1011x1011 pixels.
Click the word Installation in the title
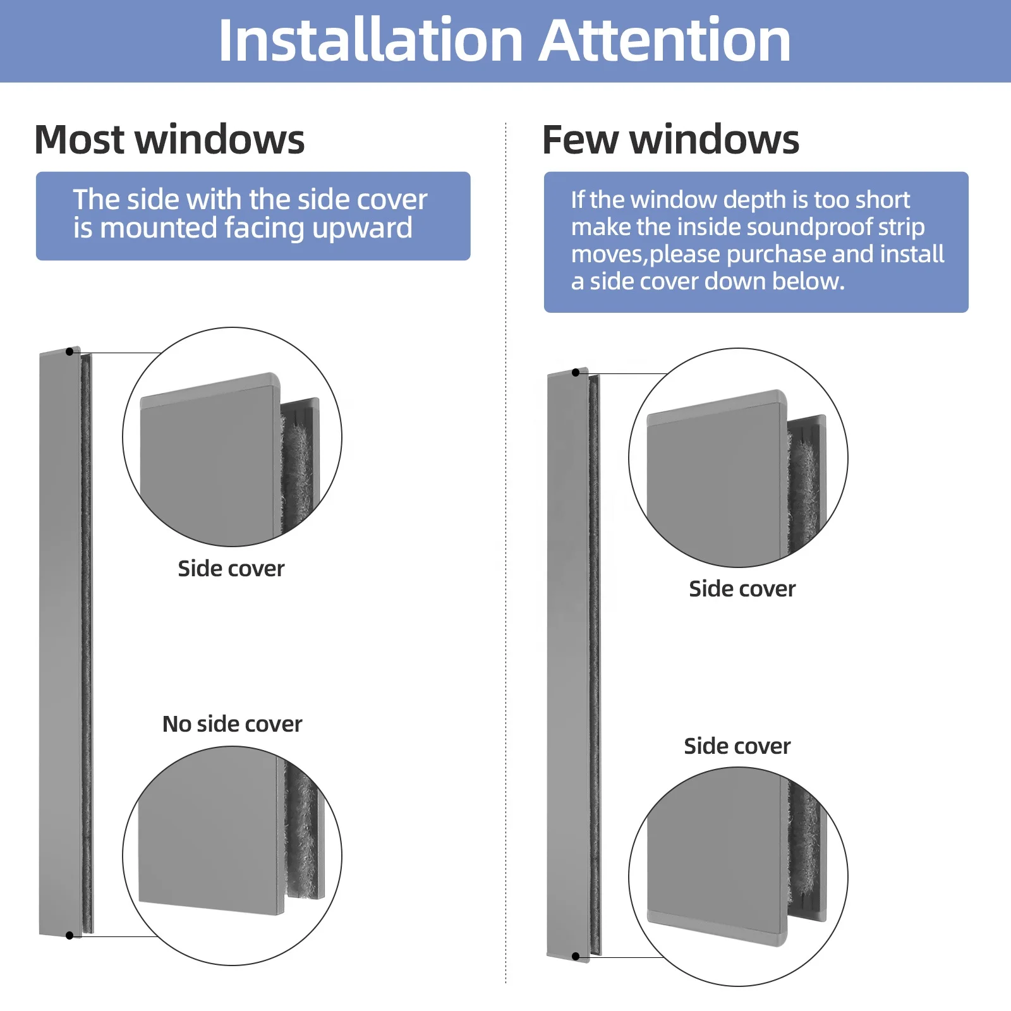pyautogui.click(x=370, y=41)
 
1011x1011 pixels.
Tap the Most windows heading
pyautogui.click(x=169, y=140)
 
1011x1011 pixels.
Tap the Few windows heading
pyautogui.click(x=670, y=140)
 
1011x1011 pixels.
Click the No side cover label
pyautogui.click(x=232, y=724)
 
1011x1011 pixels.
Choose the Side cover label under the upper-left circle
pyautogui.click(x=231, y=569)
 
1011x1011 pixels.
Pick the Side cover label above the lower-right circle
pyautogui.click(x=737, y=746)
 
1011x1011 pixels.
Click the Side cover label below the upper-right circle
pyautogui.click(x=742, y=589)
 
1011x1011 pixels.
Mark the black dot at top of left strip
pyautogui.click(x=70, y=351)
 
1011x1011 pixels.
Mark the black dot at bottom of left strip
pyautogui.click(x=70, y=936)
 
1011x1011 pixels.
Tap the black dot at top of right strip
pyautogui.click(x=576, y=373)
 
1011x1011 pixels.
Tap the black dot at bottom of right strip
pyautogui.click(x=576, y=957)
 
